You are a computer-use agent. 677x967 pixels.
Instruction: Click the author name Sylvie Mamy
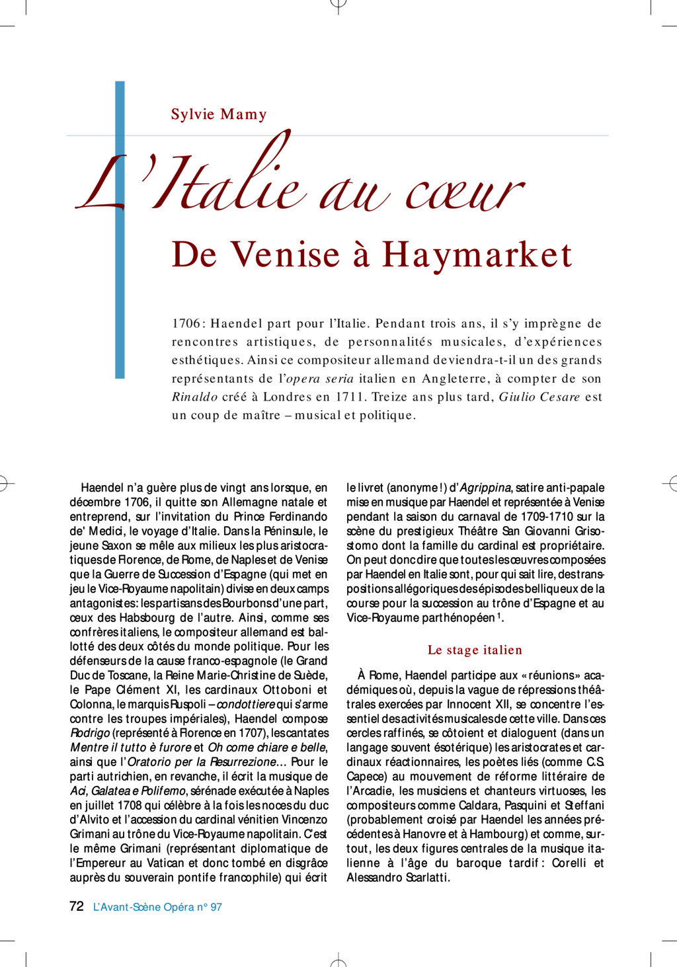(x=219, y=114)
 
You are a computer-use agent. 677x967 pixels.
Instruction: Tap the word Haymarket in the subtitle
(x=477, y=255)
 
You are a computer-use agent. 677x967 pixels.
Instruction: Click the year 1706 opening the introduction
(x=186, y=323)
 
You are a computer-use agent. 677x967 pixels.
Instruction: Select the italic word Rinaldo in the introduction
(x=194, y=397)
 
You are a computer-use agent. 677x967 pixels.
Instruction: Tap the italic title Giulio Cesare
(x=539, y=397)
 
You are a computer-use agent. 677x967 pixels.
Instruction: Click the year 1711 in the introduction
(x=350, y=397)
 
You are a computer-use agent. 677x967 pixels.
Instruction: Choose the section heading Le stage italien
(x=475, y=650)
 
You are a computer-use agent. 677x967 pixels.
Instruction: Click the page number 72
(x=77, y=906)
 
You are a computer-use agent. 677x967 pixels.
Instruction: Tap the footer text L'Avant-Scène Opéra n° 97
(x=157, y=907)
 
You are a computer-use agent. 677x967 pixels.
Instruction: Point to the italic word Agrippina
(x=485, y=488)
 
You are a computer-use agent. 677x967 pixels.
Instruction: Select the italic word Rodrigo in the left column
(x=90, y=733)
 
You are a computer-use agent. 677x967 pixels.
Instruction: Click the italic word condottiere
(x=246, y=705)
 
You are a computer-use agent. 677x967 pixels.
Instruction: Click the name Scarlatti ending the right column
(x=424, y=878)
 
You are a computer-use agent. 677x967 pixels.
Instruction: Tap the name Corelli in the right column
(x=569, y=863)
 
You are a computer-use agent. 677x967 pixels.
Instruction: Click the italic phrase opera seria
(x=319, y=379)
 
